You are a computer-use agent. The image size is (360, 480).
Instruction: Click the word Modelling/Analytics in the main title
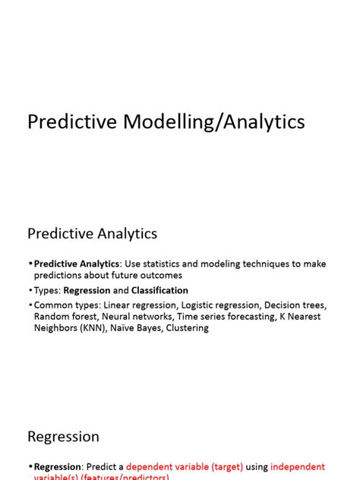[x=219, y=122]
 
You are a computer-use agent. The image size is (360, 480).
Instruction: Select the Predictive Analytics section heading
[x=92, y=233]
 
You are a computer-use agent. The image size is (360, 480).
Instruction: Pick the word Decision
[x=281, y=305]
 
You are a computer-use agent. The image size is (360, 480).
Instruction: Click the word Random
[x=50, y=316]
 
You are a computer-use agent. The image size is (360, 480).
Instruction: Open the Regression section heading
[x=63, y=437]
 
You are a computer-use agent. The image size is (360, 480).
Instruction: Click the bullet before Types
[x=30, y=290]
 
